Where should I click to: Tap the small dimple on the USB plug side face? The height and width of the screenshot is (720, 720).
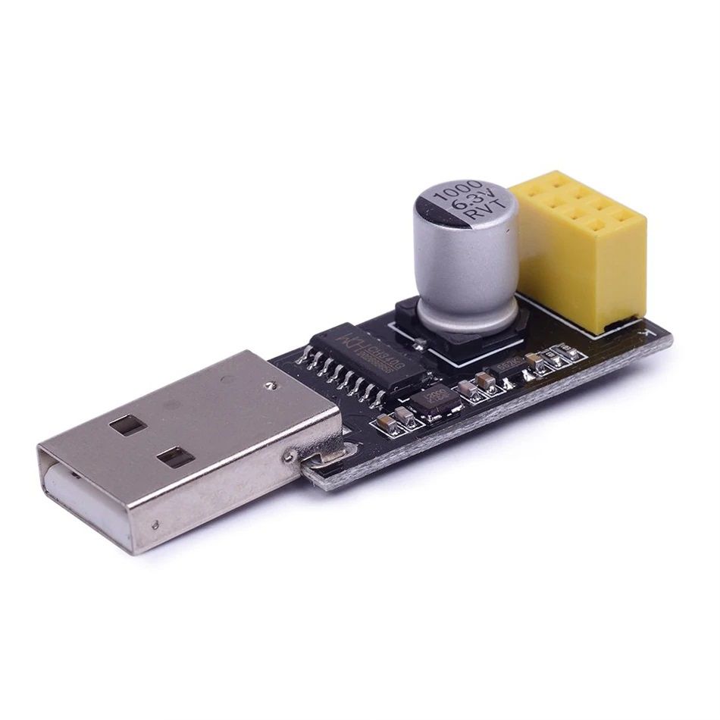click(155, 523)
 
